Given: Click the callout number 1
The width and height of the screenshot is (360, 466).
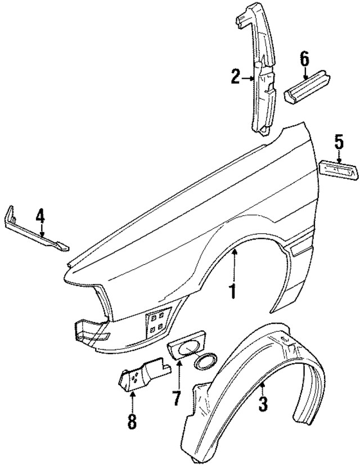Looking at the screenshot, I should (231, 291).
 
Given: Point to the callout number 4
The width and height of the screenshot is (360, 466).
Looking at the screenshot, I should (40, 216).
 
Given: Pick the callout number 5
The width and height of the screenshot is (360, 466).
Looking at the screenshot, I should (339, 142).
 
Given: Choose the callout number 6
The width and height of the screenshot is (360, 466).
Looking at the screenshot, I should (304, 57).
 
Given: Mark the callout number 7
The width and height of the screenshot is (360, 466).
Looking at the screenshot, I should (176, 399).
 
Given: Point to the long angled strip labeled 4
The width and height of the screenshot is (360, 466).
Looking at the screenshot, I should (34, 230).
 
